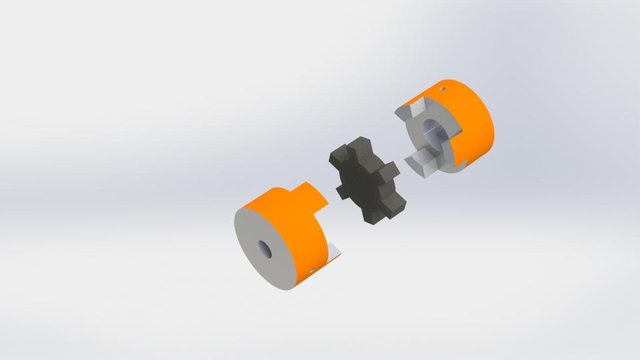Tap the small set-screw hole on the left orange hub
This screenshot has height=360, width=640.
coord(313,270)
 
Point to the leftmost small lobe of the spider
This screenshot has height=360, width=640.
coord(342,191)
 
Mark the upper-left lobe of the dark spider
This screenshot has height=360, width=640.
coord(338,159)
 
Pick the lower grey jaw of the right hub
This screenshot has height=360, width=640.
coord(420,162)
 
